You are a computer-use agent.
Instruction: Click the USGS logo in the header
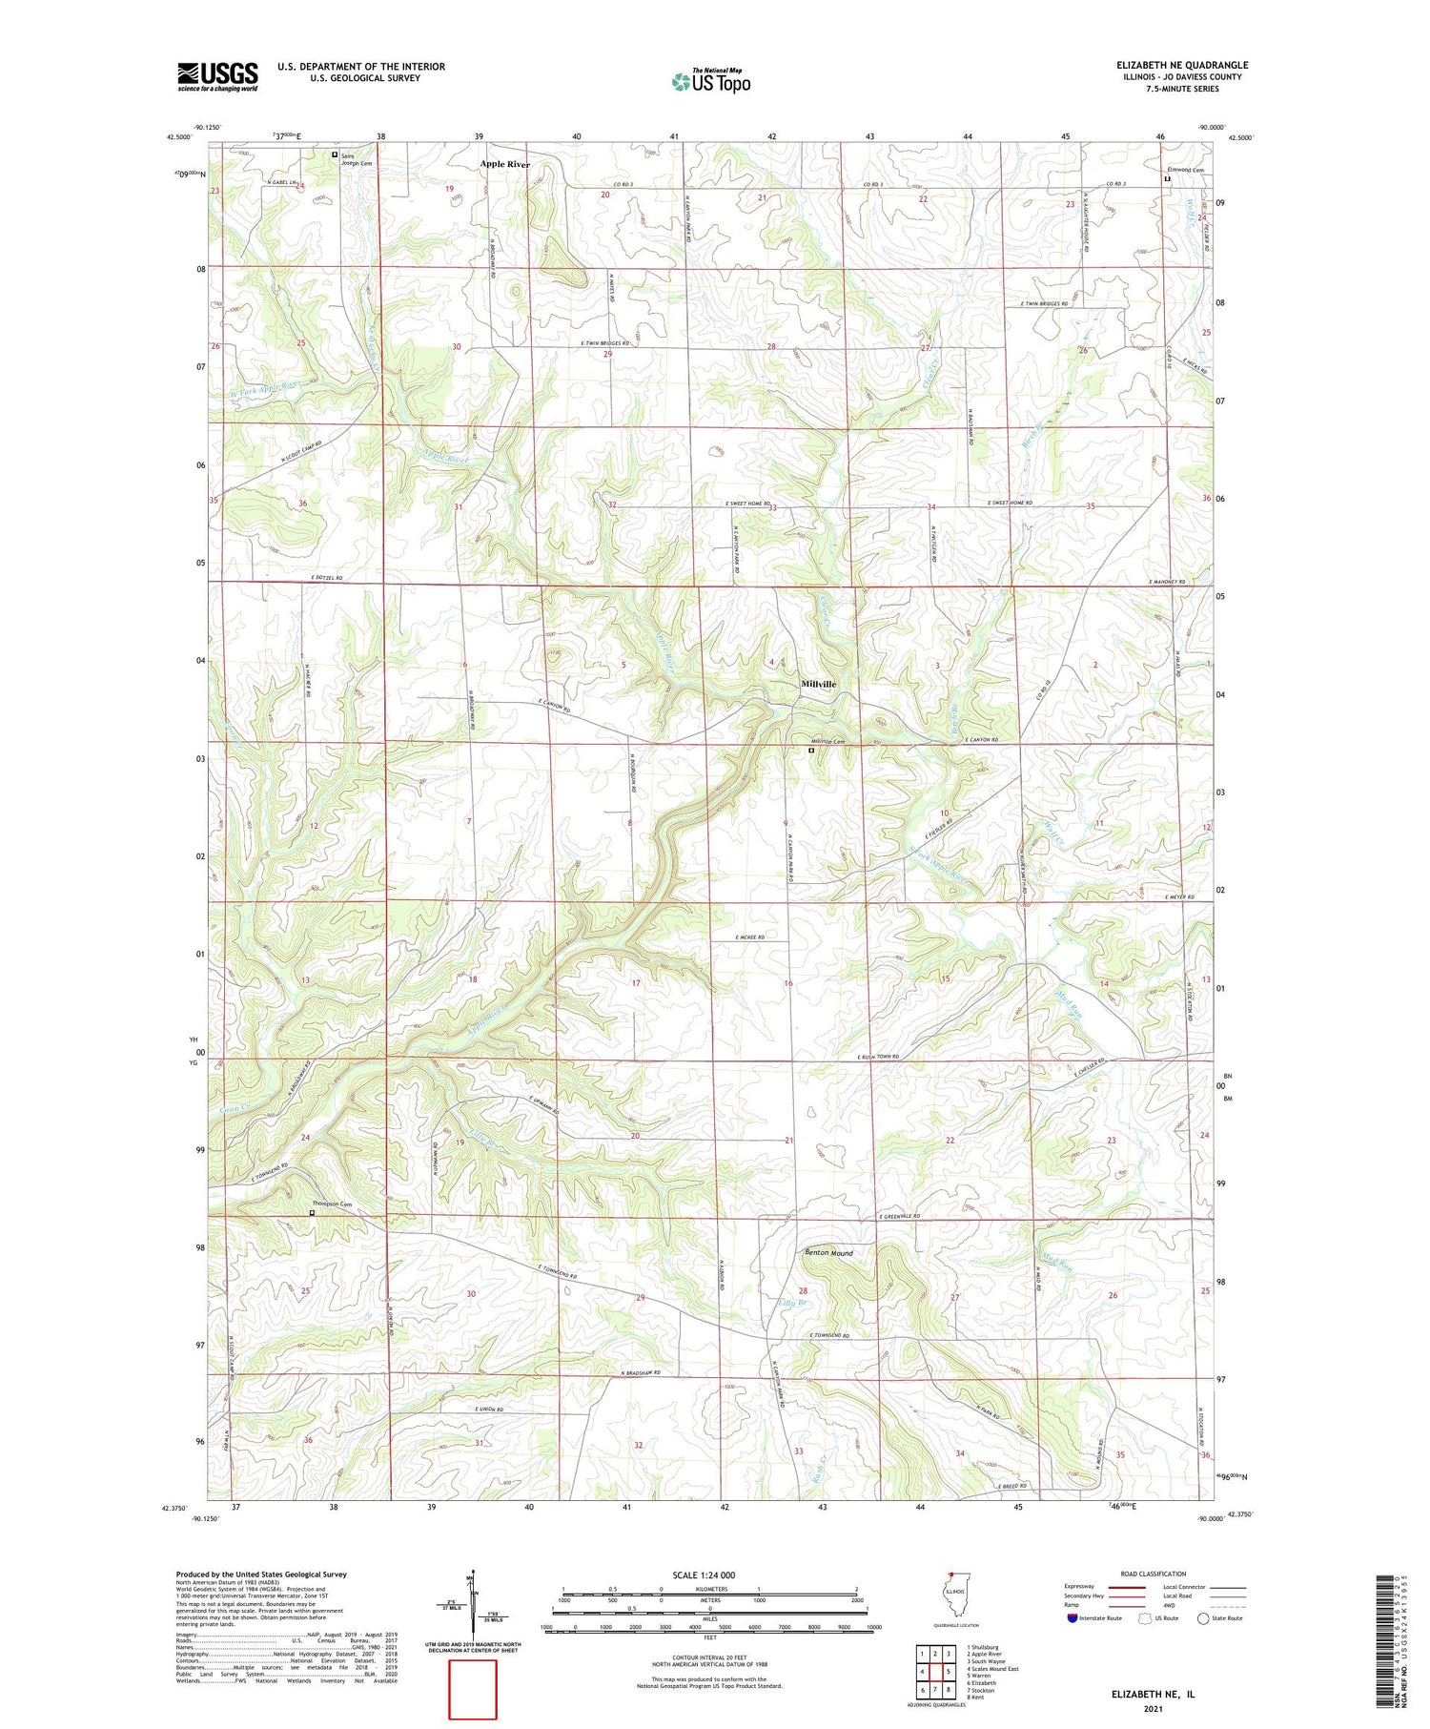pyautogui.click(x=217, y=75)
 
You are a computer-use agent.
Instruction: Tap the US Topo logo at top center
pyautogui.click(x=710, y=81)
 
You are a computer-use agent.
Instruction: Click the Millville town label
pyautogui.click(x=818, y=684)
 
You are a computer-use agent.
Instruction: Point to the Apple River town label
pyautogui.click(x=504, y=164)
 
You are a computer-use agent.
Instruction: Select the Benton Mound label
pyautogui.click(x=828, y=1252)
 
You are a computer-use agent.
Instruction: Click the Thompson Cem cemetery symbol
pyautogui.click(x=312, y=1213)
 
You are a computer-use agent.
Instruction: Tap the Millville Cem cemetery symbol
pyautogui.click(x=811, y=751)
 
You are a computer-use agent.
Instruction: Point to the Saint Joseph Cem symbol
pyautogui.click(x=334, y=154)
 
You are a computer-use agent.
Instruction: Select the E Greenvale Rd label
pyautogui.click(x=899, y=1216)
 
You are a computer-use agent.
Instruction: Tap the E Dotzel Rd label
pyautogui.click(x=326, y=579)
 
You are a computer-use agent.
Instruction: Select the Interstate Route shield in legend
pyautogui.click(x=1072, y=1618)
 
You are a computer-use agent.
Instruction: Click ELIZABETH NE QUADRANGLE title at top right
pyautogui.click(x=1182, y=65)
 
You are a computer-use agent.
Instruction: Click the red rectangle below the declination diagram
pyautogui.click(x=473, y=1689)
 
